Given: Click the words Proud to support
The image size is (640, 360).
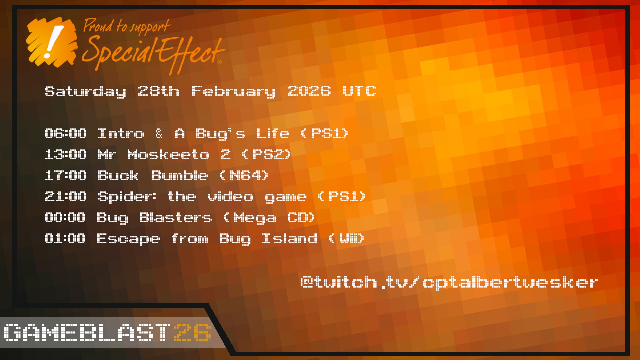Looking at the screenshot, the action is click(x=127, y=27).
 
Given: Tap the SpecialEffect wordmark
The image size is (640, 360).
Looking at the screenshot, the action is click(x=153, y=53).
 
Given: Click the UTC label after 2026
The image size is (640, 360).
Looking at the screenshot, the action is click(x=359, y=91).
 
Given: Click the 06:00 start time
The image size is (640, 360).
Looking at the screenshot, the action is click(x=66, y=133).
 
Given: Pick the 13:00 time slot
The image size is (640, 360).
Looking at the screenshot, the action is click(x=66, y=154).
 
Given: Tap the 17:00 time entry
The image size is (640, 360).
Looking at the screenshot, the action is click(x=66, y=175).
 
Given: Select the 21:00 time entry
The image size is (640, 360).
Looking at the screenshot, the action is click(x=66, y=196).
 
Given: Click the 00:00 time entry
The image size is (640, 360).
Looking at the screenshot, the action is click(x=65, y=217).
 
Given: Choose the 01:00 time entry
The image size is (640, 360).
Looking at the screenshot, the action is click(x=65, y=238).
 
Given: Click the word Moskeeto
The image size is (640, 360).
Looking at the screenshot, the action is click(x=169, y=154).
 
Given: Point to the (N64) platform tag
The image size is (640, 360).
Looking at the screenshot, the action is click(x=244, y=175).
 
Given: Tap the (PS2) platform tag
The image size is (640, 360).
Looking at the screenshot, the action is click(x=267, y=154).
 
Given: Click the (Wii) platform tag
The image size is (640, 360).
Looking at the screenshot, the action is click(x=346, y=238).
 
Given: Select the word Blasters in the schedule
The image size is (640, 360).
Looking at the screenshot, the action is click(x=175, y=217).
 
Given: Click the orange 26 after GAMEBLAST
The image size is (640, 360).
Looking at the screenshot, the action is click(x=193, y=332).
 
